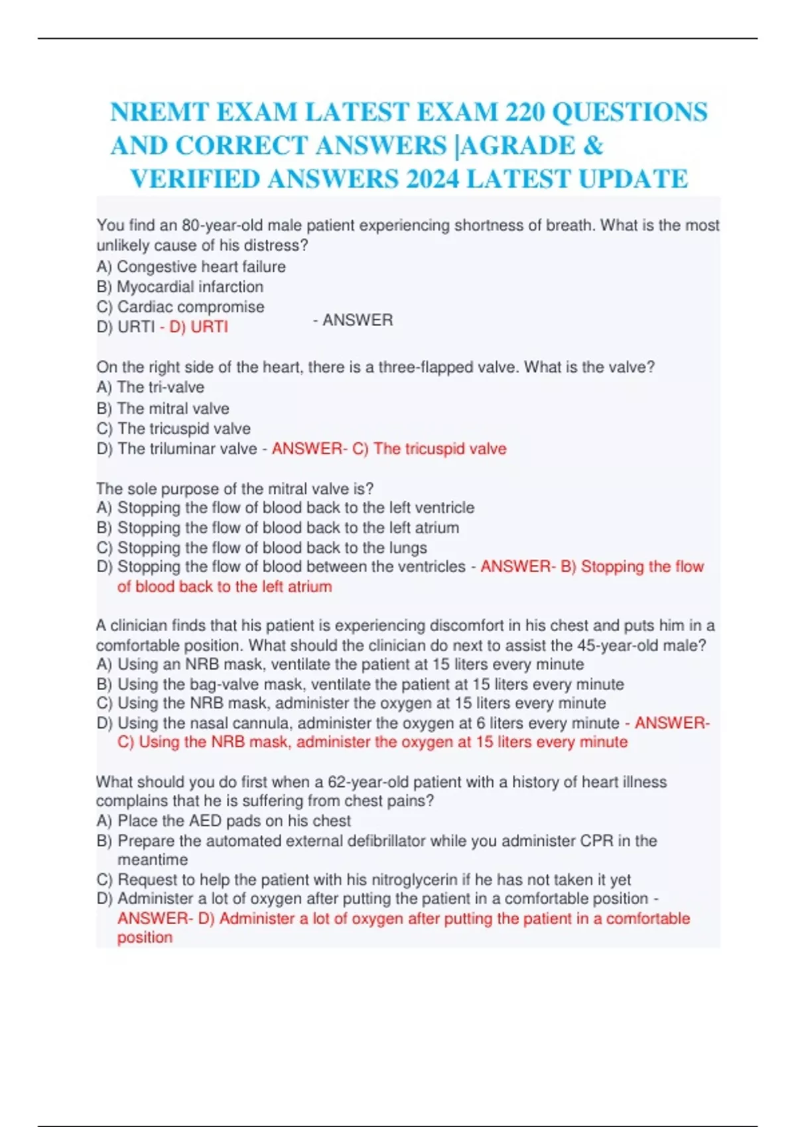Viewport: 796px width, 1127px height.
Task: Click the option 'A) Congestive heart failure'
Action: pyautogui.click(x=191, y=267)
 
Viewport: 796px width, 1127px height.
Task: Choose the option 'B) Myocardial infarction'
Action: pyautogui.click(x=180, y=286)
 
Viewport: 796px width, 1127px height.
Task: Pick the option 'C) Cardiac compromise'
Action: pyautogui.click(x=180, y=307)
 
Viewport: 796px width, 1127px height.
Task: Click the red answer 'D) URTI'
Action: pyautogui.click(x=198, y=327)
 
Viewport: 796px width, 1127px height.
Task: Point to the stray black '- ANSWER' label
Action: pyautogui.click(x=353, y=320)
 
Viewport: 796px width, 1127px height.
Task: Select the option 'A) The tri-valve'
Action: pyautogui.click(x=151, y=387)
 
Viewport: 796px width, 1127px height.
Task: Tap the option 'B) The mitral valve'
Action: pyautogui.click(x=163, y=408)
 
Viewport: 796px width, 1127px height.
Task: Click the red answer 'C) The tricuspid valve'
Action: pyautogui.click(x=429, y=449)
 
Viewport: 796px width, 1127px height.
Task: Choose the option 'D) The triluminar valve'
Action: pyautogui.click(x=177, y=449)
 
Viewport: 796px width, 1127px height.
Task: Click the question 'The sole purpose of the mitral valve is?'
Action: pyautogui.click(x=235, y=489)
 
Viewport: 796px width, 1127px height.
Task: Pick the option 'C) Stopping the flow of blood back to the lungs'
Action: pyautogui.click(x=262, y=548)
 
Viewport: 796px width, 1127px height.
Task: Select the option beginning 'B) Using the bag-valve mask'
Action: pyautogui.click(x=360, y=684)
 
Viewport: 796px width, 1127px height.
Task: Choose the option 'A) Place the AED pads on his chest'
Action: pyautogui.click(x=224, y=821)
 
